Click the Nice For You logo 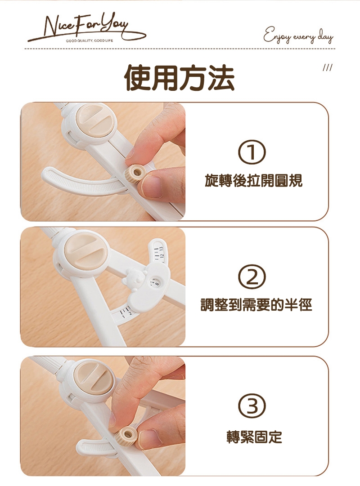point(86,28)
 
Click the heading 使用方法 point(180,78)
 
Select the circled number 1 point(252,152)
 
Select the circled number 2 point(252,277)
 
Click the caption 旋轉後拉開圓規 point(253,181)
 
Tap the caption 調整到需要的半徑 point(256,305)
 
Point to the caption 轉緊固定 point(254,437)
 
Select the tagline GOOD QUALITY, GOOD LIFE point(90,40)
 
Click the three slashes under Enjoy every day point(328,67)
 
